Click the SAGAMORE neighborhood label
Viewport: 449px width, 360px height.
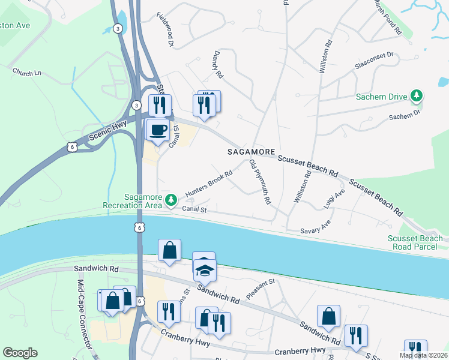point(252,152)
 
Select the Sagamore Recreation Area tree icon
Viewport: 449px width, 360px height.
point(172,199)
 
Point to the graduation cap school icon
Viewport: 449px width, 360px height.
point(205,269)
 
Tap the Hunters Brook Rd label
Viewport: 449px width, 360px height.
point(209,184)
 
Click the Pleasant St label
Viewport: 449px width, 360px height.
point(260,289)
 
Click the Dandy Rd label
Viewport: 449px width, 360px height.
point(217,65)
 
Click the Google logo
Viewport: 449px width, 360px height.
point(20,353)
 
